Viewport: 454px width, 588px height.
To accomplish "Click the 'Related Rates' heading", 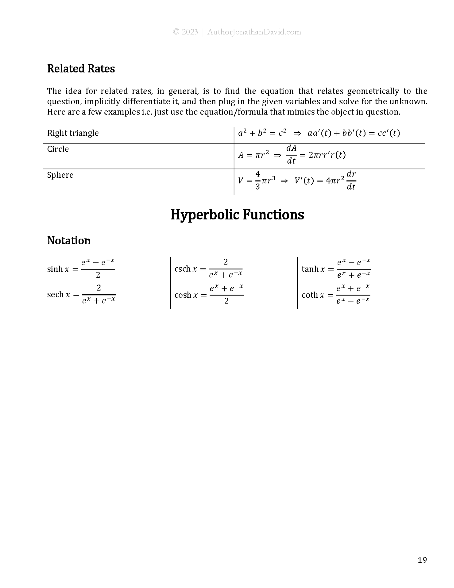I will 81,69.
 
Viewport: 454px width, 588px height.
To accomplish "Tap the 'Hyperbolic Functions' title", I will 237,215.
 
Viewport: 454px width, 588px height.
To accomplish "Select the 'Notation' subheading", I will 69,241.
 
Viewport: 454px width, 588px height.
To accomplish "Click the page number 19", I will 422,560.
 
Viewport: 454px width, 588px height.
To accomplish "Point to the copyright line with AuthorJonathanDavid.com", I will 237,32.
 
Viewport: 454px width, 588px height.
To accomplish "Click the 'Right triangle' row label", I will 73,133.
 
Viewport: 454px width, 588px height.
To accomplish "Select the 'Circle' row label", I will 58,149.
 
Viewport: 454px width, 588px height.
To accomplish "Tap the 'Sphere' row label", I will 60,175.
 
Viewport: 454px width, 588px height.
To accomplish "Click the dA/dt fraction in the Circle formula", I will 291,154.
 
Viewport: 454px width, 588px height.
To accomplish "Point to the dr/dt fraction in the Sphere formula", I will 351,180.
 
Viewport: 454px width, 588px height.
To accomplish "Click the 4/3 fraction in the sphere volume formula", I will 258,180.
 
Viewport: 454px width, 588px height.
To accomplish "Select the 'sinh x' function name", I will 58,269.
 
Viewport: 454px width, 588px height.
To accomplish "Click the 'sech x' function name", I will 59,295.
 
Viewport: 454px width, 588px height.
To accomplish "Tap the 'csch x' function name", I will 186,269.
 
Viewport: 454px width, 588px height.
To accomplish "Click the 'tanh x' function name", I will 313,269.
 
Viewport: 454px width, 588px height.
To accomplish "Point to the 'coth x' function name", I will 313,295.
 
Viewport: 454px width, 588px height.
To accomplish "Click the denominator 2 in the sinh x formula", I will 98,275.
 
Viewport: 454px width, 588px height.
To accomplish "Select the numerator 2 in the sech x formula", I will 99,288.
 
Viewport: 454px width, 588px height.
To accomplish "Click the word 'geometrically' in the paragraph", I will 373,91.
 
